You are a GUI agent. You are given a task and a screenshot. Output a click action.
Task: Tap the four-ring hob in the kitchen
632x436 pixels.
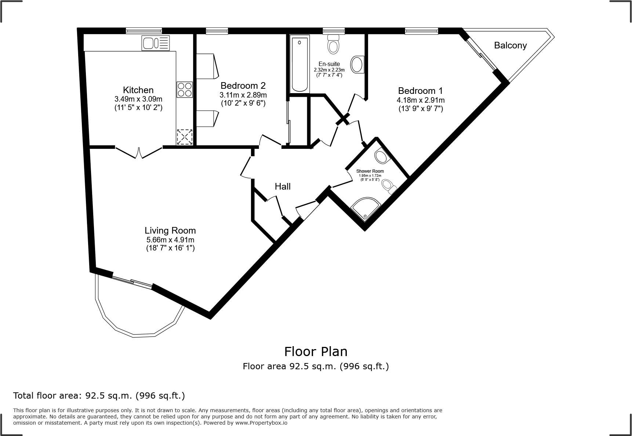[185, 89]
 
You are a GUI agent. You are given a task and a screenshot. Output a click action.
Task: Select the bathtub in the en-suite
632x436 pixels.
[299, 64]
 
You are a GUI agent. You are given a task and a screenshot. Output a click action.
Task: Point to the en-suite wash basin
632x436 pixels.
[357, 65]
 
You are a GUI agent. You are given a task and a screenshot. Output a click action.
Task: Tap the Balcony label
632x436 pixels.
[510, 45]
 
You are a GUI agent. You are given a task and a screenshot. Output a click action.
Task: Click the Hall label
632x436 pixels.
[283, 187]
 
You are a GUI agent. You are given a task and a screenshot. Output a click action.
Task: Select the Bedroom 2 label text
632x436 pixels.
[243, 86]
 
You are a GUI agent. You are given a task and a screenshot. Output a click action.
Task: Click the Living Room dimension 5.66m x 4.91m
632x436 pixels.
[170, 240]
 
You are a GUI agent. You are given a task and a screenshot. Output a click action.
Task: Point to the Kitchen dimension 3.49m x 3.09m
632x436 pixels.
[138, 99]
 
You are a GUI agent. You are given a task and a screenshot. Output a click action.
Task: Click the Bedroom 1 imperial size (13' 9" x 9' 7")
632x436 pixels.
[421, 109]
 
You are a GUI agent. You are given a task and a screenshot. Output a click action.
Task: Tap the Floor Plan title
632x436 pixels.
[316, 351]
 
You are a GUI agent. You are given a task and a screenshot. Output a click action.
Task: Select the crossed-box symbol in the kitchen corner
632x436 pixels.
[185, 137]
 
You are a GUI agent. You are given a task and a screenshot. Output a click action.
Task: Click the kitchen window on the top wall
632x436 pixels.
[144, 31]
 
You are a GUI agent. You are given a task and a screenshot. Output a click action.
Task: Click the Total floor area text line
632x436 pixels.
[99, 396]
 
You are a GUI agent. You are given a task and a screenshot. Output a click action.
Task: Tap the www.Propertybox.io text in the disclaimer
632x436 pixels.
[261, 423]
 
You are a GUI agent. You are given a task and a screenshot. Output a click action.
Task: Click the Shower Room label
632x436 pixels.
[370, 171]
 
